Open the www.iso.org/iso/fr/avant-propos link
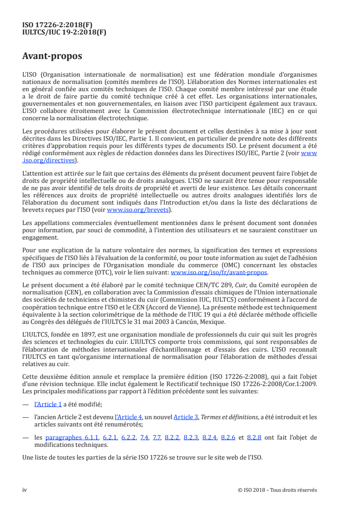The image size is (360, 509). [x=219, y=273]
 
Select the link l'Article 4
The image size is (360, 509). [x=128, y=416]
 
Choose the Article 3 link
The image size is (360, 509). [x=183, y=416]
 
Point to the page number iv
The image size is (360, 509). [x=25, y=490]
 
